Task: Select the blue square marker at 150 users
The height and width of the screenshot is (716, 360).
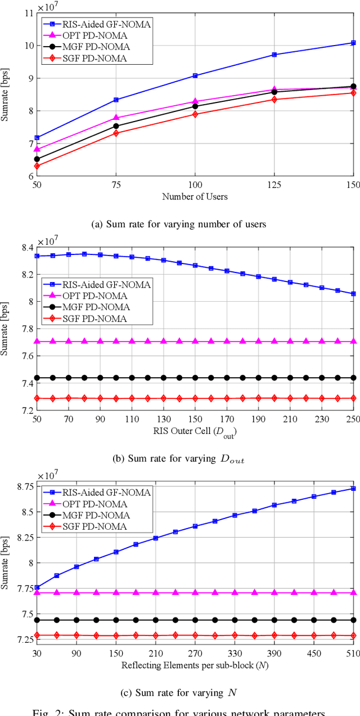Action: pos(353,43)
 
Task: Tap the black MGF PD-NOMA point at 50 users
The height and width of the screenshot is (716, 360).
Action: pos(37,159)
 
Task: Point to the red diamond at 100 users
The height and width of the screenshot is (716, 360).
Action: pos(195,114)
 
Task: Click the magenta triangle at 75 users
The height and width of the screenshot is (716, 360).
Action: pos(116,118)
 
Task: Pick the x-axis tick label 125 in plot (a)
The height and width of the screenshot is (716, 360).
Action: pos(274,185)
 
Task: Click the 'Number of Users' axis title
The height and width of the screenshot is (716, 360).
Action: pos(195,196)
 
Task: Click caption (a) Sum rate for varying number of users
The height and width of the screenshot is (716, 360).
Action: pos(178,224)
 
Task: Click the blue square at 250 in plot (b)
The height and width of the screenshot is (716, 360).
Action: pos(353,294)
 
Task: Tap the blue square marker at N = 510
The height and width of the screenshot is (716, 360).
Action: pos(353,489)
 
